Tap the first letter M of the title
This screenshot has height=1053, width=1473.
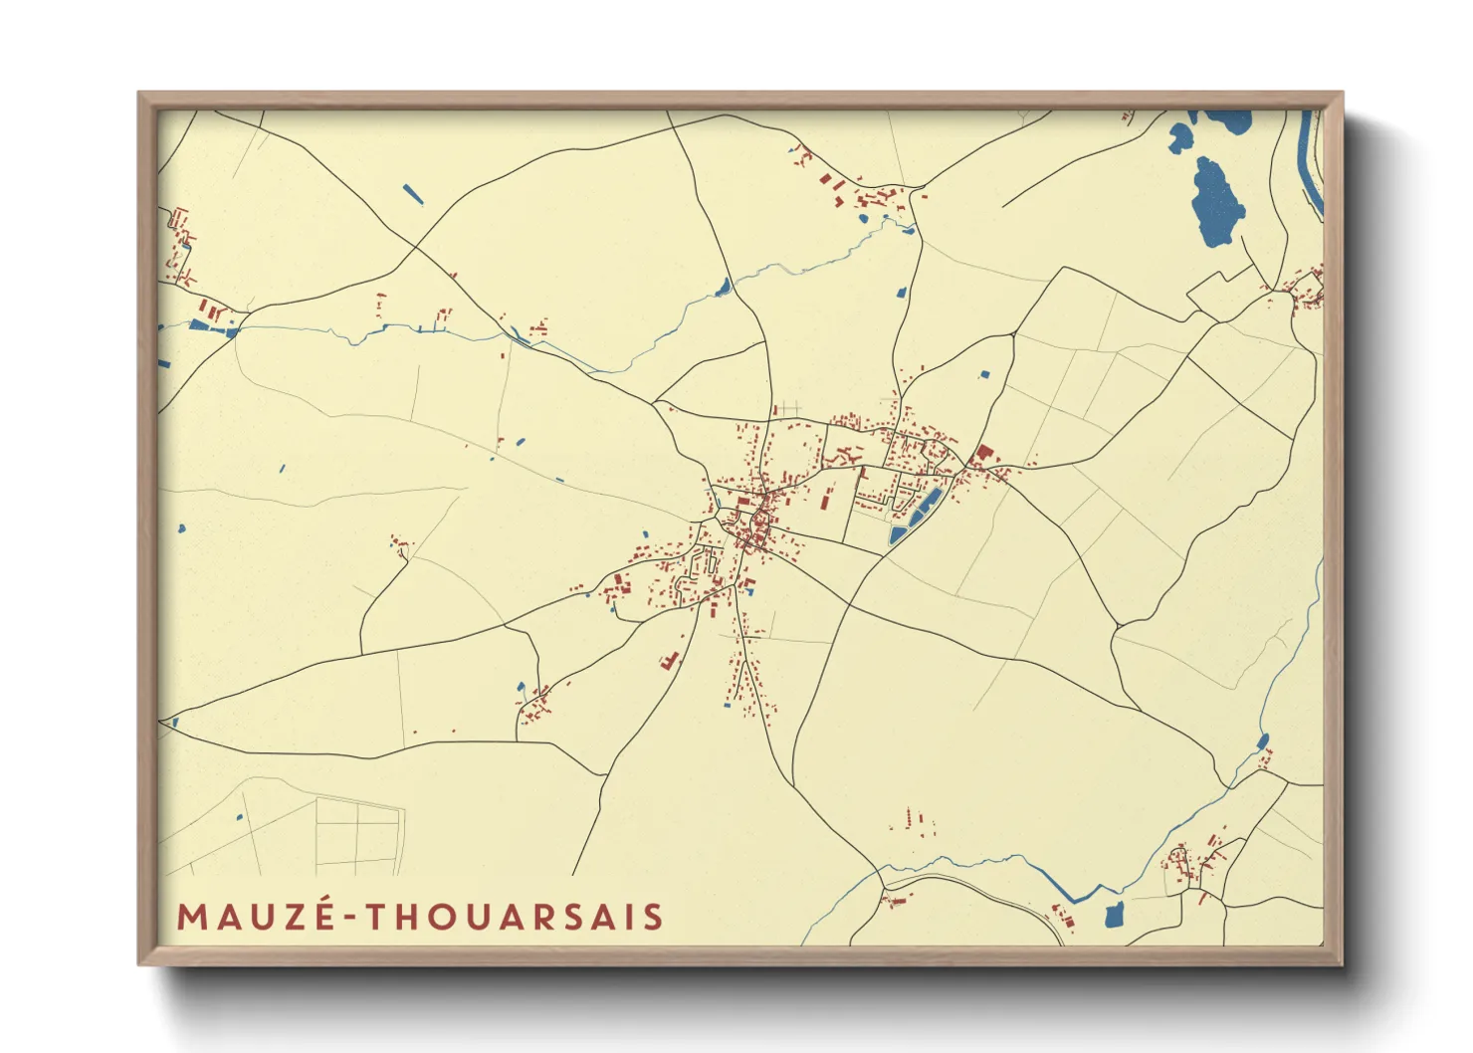(x=190, y=917)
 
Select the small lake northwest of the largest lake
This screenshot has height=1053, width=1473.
(x=1180, y=135)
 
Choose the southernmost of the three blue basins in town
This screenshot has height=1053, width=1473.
(x=898, y=534)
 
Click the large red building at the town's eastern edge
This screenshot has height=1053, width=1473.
(x=984, y=454)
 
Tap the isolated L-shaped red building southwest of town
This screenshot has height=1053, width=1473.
(x=669, y=660)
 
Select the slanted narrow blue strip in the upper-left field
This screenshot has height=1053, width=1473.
(x=413, y=194)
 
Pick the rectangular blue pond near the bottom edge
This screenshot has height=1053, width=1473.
(x=1114, y=914)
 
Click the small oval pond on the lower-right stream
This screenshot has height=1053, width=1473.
(x=1263, y=741)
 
